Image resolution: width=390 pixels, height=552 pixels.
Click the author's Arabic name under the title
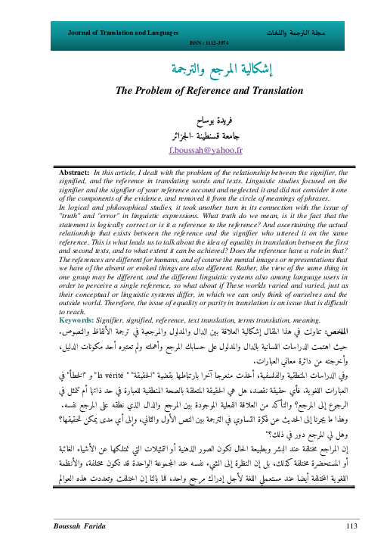pos(196,120)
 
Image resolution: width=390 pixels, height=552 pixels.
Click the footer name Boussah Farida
pos(79,525)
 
